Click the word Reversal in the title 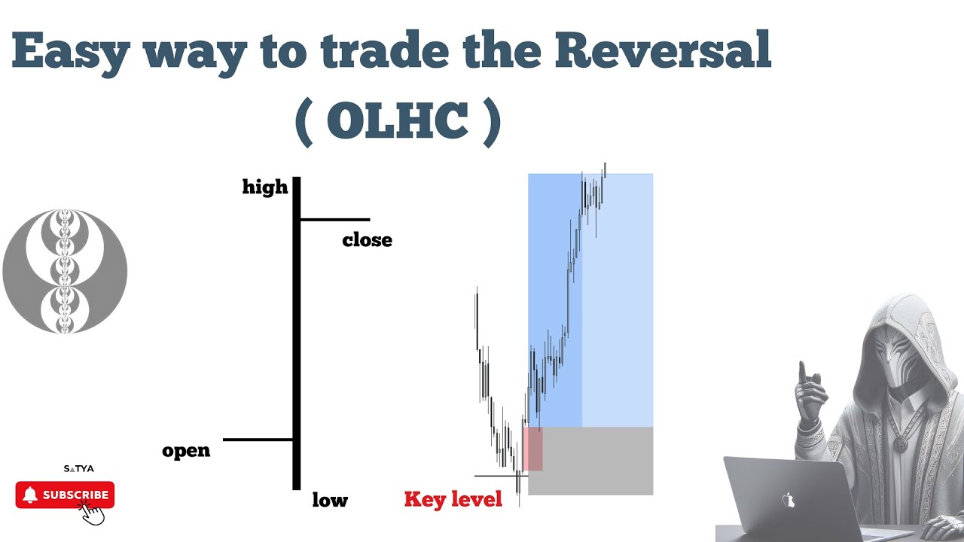click(670, 52)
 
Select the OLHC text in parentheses click(398, 122)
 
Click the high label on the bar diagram click(265, 187)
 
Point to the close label click(367, 240)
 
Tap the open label click(186, 451)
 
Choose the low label click(330, 500)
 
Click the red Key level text click(453, 500)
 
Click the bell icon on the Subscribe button click(30, 495)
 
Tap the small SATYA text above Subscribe click(78, 468)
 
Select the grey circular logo click(65, 271)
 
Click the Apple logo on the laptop click(789, 500)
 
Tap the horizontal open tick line click(258, 440)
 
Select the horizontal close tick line click(335, 219)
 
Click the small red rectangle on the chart click(532, 449)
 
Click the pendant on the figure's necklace click(899, 444)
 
